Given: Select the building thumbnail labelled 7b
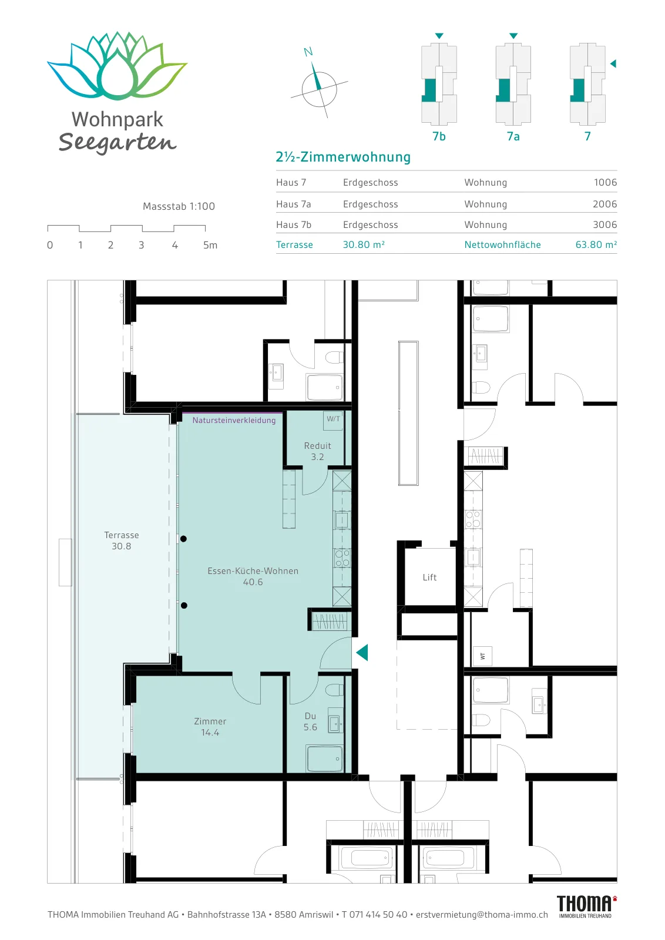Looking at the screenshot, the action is [439, 84].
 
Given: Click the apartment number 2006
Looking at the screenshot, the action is [604, 204].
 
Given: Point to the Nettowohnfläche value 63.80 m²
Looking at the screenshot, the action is [596, 244].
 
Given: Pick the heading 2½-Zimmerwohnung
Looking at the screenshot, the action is [342, 157].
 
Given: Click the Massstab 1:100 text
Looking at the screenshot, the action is [179, 206].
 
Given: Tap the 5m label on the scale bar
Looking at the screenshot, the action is [210, 245].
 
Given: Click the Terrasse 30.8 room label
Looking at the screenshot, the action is [121, 540].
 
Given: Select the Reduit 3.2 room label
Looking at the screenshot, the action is [318, 451].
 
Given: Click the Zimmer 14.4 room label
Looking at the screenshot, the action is [210, 727].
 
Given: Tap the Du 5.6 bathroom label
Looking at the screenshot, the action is [311, 721].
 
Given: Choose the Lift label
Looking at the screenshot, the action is [429, 578].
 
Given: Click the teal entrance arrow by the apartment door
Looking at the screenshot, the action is [362, 653].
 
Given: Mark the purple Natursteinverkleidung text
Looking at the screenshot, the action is [234, 420].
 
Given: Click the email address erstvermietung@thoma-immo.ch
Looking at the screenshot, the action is [482, 914].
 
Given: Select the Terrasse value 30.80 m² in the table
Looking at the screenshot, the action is [364, 244].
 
